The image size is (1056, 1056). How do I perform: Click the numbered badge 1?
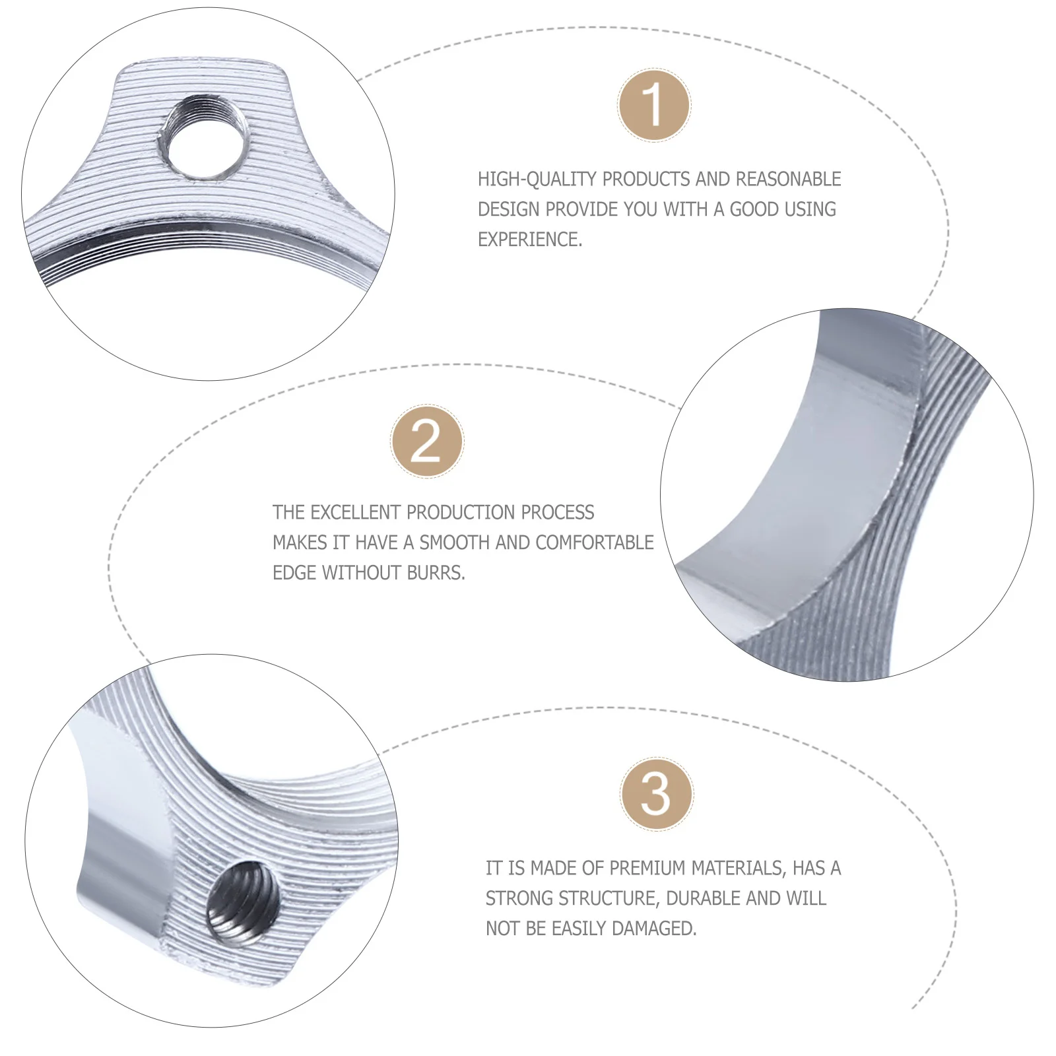(x=654, y=105)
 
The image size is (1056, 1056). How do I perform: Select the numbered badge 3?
(x=657, y=794)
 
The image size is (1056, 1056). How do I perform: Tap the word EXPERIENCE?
(x=530, y=239)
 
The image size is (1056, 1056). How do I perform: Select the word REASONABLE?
(x=788, y=179)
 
